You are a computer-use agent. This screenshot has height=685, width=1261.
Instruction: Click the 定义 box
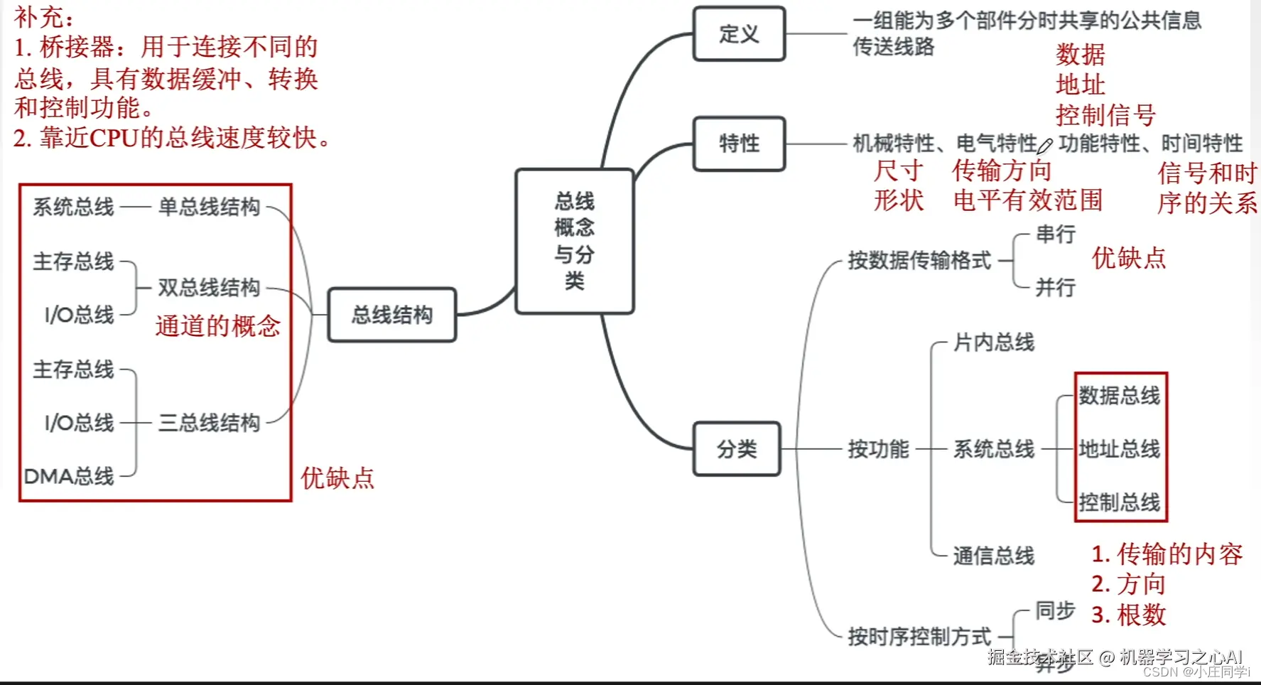click(x=739, y=34)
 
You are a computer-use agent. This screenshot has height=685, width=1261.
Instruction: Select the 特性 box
click(x=739, y=144)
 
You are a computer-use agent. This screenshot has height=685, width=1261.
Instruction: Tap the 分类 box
click(x=737, y=449)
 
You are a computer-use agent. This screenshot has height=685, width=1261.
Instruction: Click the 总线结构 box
click(x=391, y=315)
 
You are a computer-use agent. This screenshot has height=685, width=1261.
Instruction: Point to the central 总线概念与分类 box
click(x=574, y=241)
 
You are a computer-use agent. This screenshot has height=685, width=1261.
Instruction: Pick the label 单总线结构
click(x=209, y=207)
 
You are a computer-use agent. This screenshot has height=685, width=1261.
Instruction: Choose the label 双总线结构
click(x=209, y=288)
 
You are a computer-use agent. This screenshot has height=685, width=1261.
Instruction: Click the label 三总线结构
click(x=209, y=423)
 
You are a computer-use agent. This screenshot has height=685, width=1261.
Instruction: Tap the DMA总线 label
click(x=69, y=476)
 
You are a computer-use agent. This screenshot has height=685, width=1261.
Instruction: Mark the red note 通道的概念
click(x=218, y=326)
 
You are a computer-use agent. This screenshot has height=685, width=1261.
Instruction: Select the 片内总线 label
click(x=993, y=342)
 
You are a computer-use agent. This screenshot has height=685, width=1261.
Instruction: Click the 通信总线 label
click(x=993, y=556)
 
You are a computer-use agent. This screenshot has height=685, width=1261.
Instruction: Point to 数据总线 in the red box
click(x=1119, y=396)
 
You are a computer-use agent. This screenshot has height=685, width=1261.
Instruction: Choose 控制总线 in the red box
click(x=1119, y=502)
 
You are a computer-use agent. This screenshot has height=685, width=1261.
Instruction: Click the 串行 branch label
click(x=1055, y=234)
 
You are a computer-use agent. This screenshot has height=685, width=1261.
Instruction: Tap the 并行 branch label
click(x=1055, y=288)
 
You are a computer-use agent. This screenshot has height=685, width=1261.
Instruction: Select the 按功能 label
click(x=878, y=449)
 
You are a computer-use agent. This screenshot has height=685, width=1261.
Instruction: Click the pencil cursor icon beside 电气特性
click(x=1045, y=146)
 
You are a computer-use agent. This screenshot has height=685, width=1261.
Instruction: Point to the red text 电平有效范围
click(x=1027, y=200)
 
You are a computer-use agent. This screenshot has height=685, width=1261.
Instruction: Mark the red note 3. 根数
click(x=1129, y=615)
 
